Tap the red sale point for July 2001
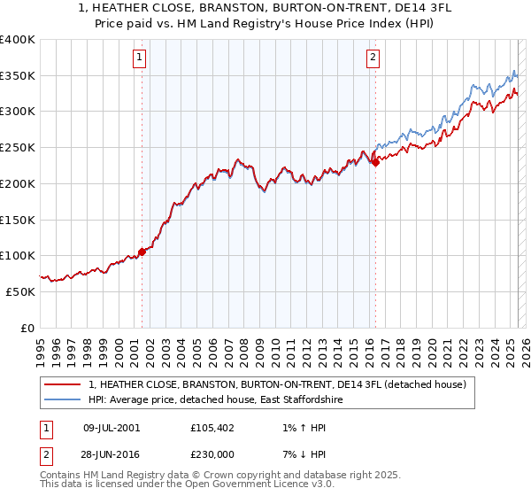coord(142,252)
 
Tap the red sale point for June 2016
coord(375,162)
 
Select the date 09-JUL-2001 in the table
coord(112,427)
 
